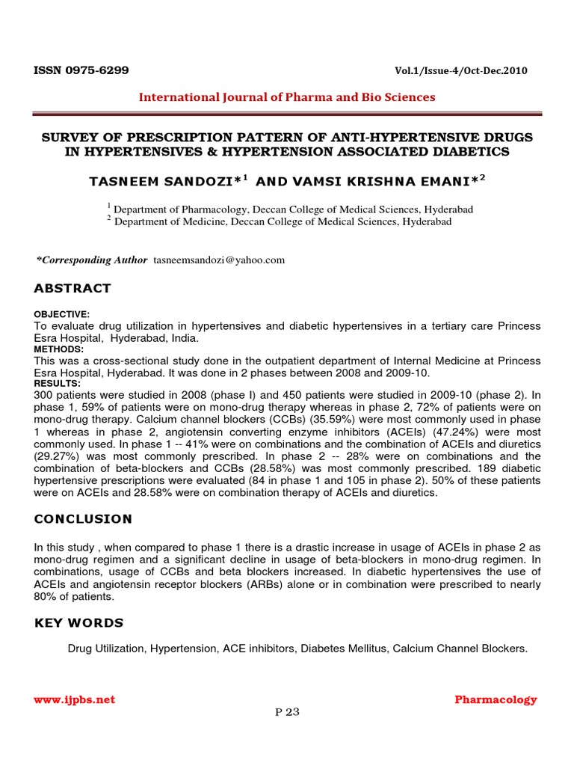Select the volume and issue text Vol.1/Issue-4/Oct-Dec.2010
[460, 71]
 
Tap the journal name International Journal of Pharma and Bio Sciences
[286, 97]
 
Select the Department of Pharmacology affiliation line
[290, 209]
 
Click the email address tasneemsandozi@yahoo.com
[219, 260]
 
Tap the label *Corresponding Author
[92, 260]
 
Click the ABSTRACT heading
[72, 289]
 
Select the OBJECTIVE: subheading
[62, 315]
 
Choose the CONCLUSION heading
[83, 518]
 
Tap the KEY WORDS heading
[78, 623]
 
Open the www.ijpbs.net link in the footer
[75, 699]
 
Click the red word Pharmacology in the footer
[496, 699]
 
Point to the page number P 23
[287, 711]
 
